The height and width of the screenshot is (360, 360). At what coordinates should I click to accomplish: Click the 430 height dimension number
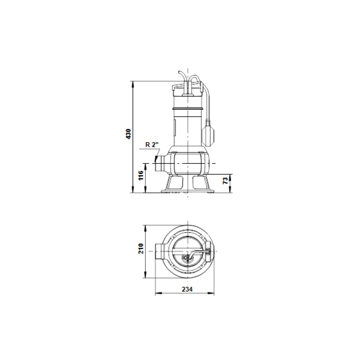[128, 134]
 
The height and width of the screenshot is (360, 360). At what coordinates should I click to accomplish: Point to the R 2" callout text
[152, 145]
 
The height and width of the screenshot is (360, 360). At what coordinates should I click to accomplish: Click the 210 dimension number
[141, 248]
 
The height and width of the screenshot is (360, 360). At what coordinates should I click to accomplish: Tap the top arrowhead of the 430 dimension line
[133, 83]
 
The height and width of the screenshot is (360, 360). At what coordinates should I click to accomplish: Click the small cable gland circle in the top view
[185, 258]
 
